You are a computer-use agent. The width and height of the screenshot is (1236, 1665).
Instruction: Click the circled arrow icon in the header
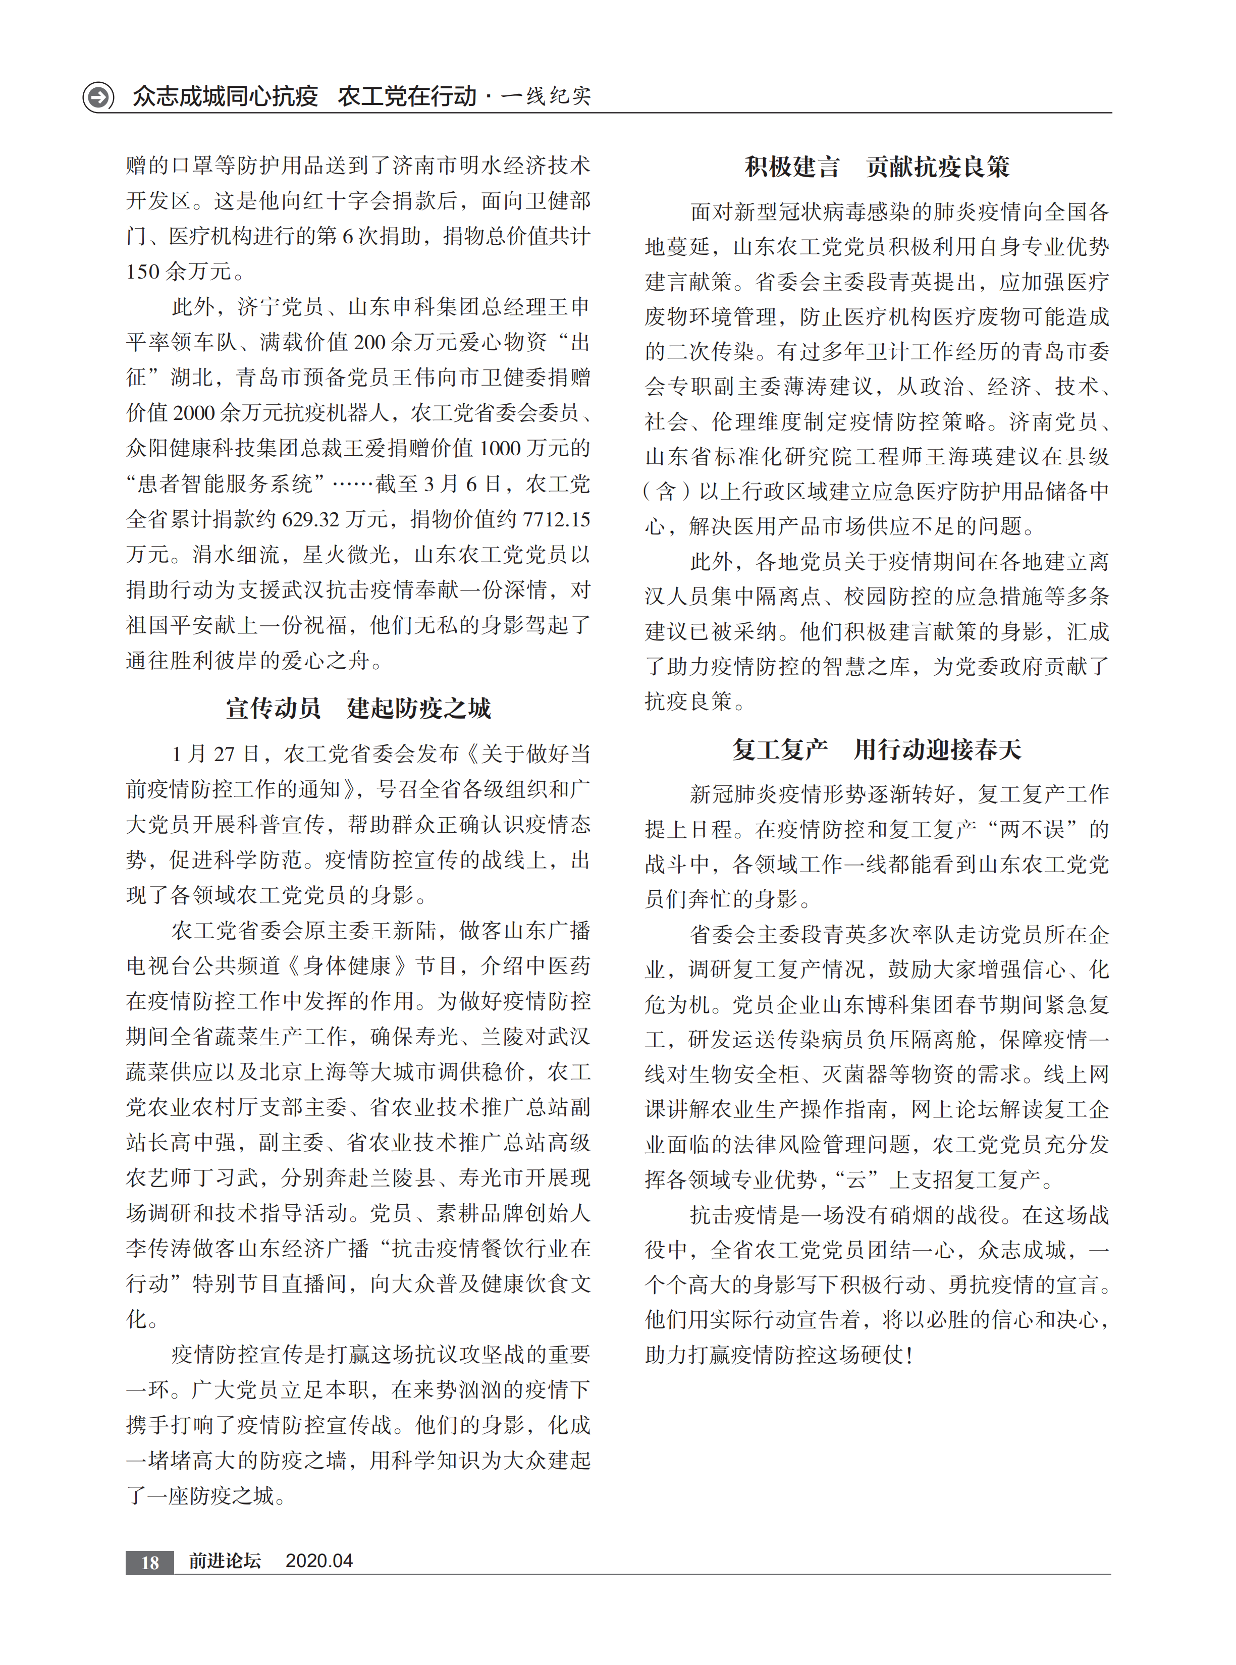(x=98, y=96)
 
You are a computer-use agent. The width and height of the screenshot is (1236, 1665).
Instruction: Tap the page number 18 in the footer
(x=149, y=1562)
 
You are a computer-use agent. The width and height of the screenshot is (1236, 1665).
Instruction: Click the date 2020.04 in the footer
(x=319, y=1561)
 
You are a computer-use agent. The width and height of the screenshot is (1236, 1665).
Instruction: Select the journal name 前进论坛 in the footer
(x=225, y=1561)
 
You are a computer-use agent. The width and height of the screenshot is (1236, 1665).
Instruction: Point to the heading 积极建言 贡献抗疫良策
(x=877, y=166)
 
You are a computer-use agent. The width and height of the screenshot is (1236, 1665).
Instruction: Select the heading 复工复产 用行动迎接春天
(x=877, y=749)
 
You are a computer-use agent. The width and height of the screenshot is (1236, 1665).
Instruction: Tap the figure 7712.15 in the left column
(x=555, y=519)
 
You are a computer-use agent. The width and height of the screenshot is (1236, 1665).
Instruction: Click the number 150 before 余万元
(x=143, y=272)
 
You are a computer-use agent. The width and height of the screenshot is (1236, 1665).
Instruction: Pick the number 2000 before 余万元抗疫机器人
(x=194, y=413)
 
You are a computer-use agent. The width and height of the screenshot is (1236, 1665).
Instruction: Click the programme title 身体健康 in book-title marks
(x=347, y=965)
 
